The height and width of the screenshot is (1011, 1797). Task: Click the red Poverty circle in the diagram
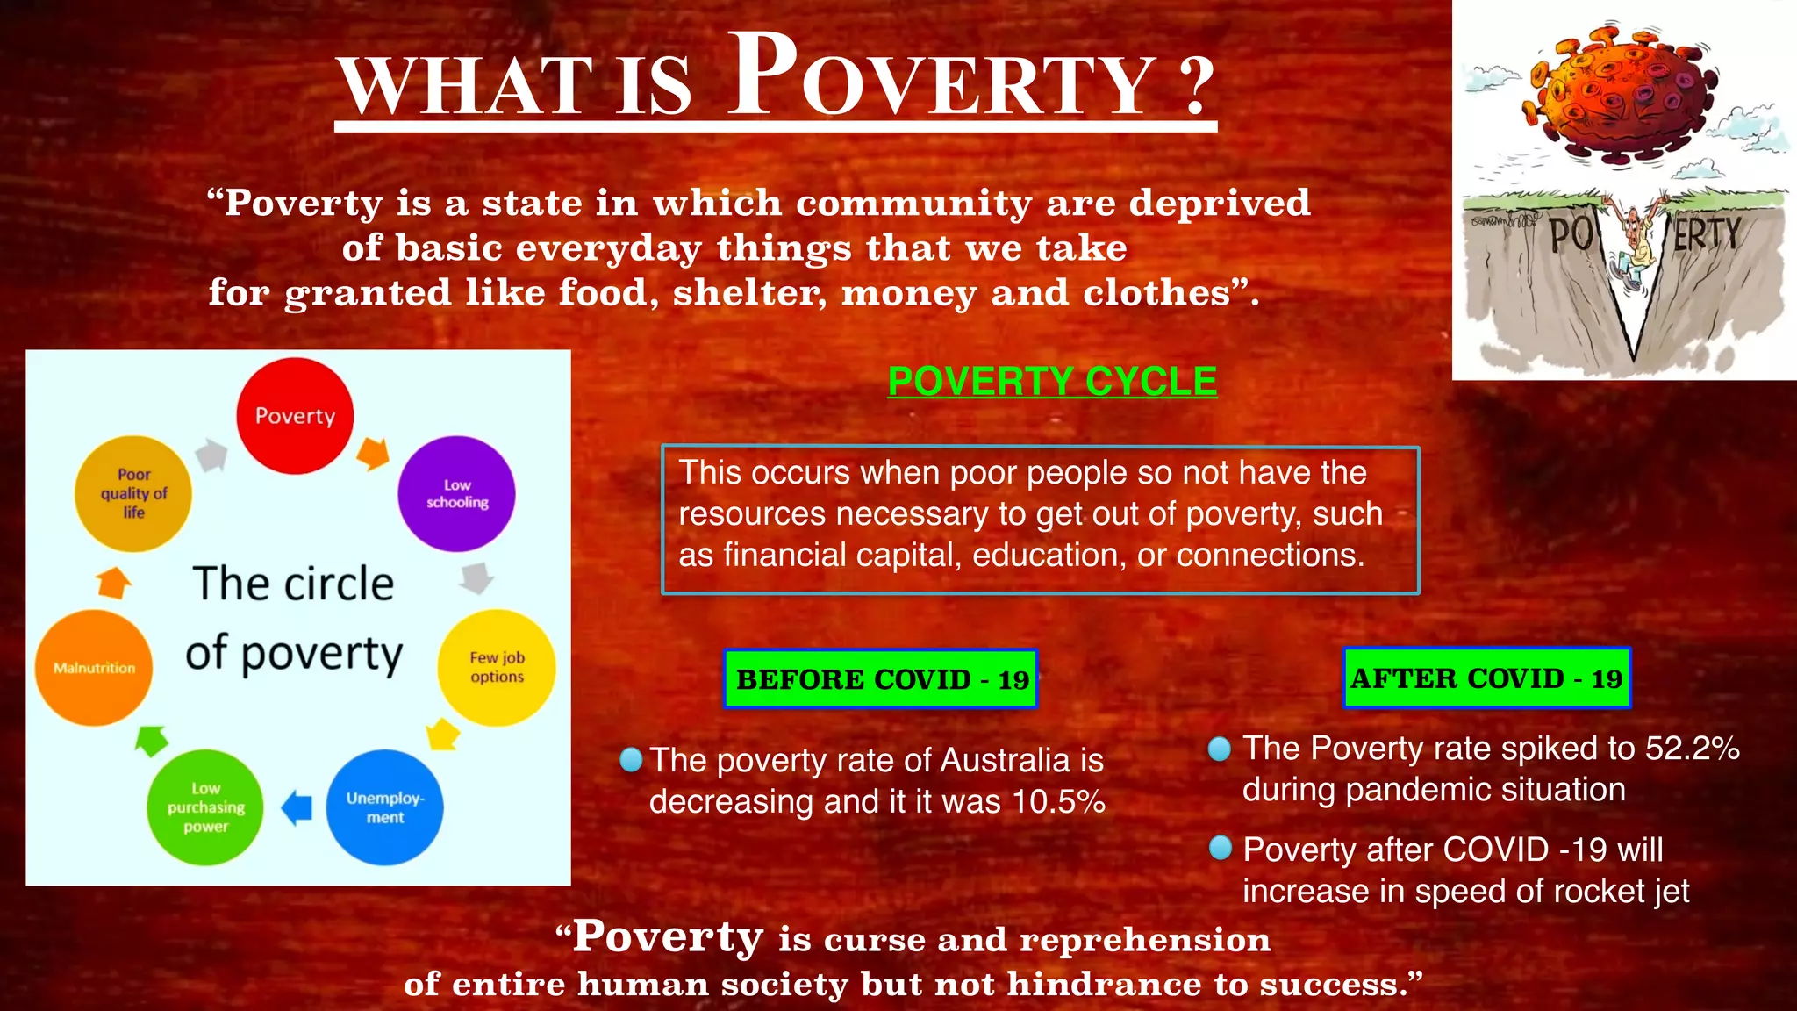[295, 416]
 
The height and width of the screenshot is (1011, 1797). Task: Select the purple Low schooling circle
[456, 494]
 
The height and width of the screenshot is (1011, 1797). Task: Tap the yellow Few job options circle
[497, 667]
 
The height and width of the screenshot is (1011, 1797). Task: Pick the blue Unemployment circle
[384, 807]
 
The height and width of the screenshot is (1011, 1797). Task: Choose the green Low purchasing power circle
[206, 807]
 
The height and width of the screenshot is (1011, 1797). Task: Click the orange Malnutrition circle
[94, 668]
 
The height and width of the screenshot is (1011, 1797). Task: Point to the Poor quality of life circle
[133, 493]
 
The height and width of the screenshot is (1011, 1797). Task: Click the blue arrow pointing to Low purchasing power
[297, 807]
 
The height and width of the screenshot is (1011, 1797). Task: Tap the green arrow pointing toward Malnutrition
[152, 740]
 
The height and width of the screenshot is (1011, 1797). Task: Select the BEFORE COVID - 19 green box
[880, 678]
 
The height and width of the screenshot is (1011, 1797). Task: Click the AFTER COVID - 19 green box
[1486, 678]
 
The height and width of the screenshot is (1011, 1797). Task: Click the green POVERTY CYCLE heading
[1052, 381]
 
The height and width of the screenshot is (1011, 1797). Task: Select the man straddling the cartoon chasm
[1634, 246]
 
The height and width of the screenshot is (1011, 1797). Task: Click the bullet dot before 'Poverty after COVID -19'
[1221, 848]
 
